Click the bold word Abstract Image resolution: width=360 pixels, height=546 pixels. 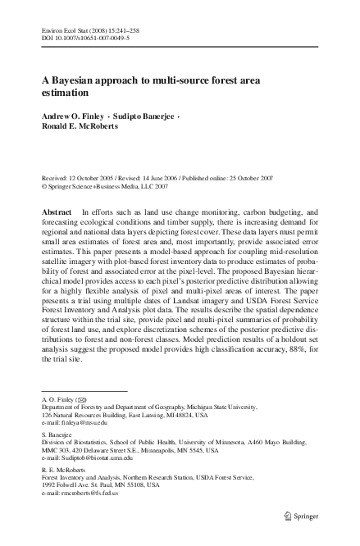click(x=59, y=212)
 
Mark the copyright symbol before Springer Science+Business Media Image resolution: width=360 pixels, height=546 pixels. click(x=44, y=186)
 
